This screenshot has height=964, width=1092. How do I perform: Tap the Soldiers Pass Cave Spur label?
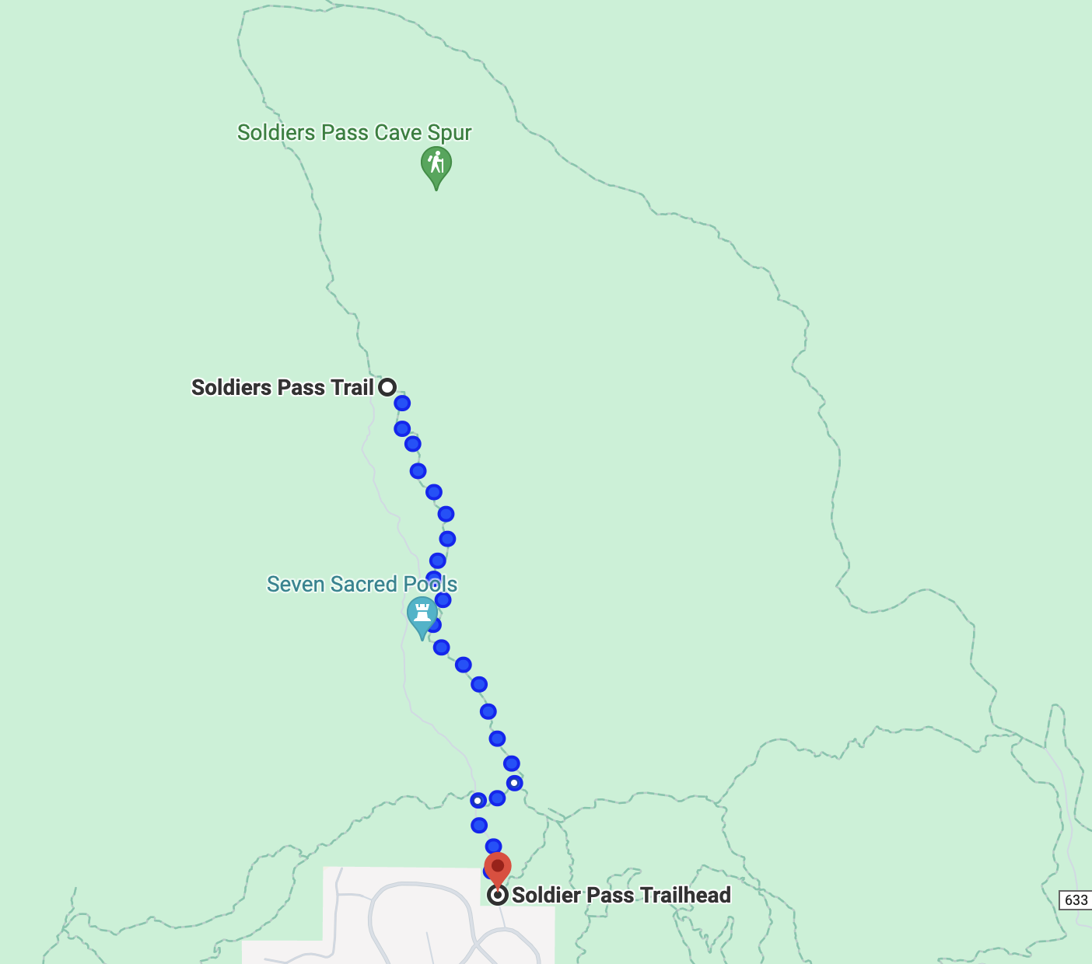pyautogui.click(x=354, y=133)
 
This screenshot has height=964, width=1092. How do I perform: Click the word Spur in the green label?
pyautogui.click(x=449, y=134)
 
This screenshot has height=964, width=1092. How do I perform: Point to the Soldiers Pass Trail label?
pyautogui.click(x=282, y=387)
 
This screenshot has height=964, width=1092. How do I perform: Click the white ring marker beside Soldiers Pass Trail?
pyautogui.click(x=387, y=387)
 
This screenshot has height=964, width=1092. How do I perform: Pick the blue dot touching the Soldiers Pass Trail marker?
pyautogui.click(x=401, y=403)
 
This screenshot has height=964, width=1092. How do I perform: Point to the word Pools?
pyautogui.click(x=430, y=584)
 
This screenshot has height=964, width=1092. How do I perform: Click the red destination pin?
pyautogui.click(x=498, y=869)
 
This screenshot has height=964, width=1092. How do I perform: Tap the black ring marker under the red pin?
pyautogui.click(x=498, y=895)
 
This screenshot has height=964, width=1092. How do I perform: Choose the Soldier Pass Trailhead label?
pyautogui.click(x=621, y=895)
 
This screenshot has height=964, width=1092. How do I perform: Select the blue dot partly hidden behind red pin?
pyautogui.click(x=488, y=871)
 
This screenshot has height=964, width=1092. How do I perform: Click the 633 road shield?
pyautogui.click(x=1076, y=900)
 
